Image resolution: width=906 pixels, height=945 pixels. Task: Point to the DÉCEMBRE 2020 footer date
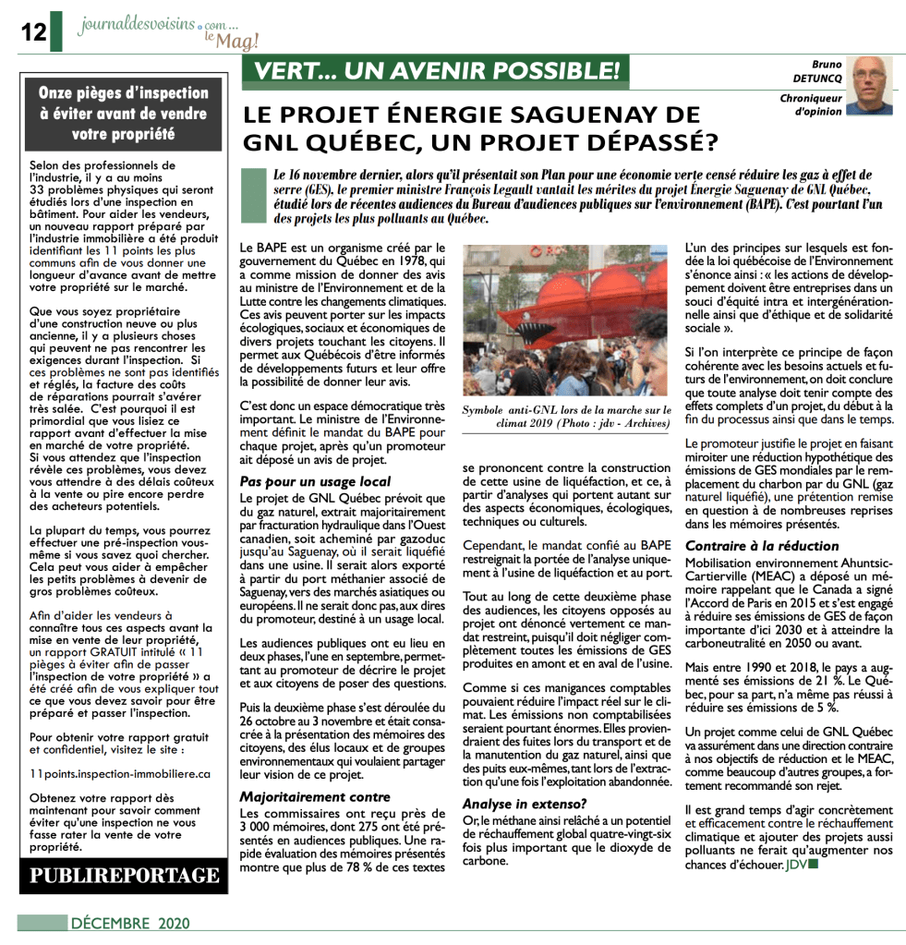coord(129,923)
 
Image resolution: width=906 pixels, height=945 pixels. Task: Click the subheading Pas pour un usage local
coord(315,481)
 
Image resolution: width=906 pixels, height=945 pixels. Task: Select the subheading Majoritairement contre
coord(315,796)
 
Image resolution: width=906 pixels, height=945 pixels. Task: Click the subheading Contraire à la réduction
coord(762,546)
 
